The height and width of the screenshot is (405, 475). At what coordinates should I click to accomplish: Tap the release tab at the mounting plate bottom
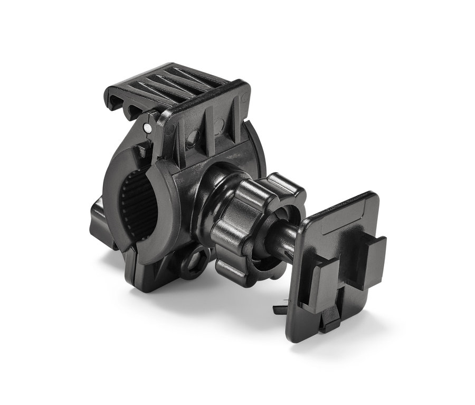331,317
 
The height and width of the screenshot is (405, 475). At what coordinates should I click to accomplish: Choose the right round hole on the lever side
221,126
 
